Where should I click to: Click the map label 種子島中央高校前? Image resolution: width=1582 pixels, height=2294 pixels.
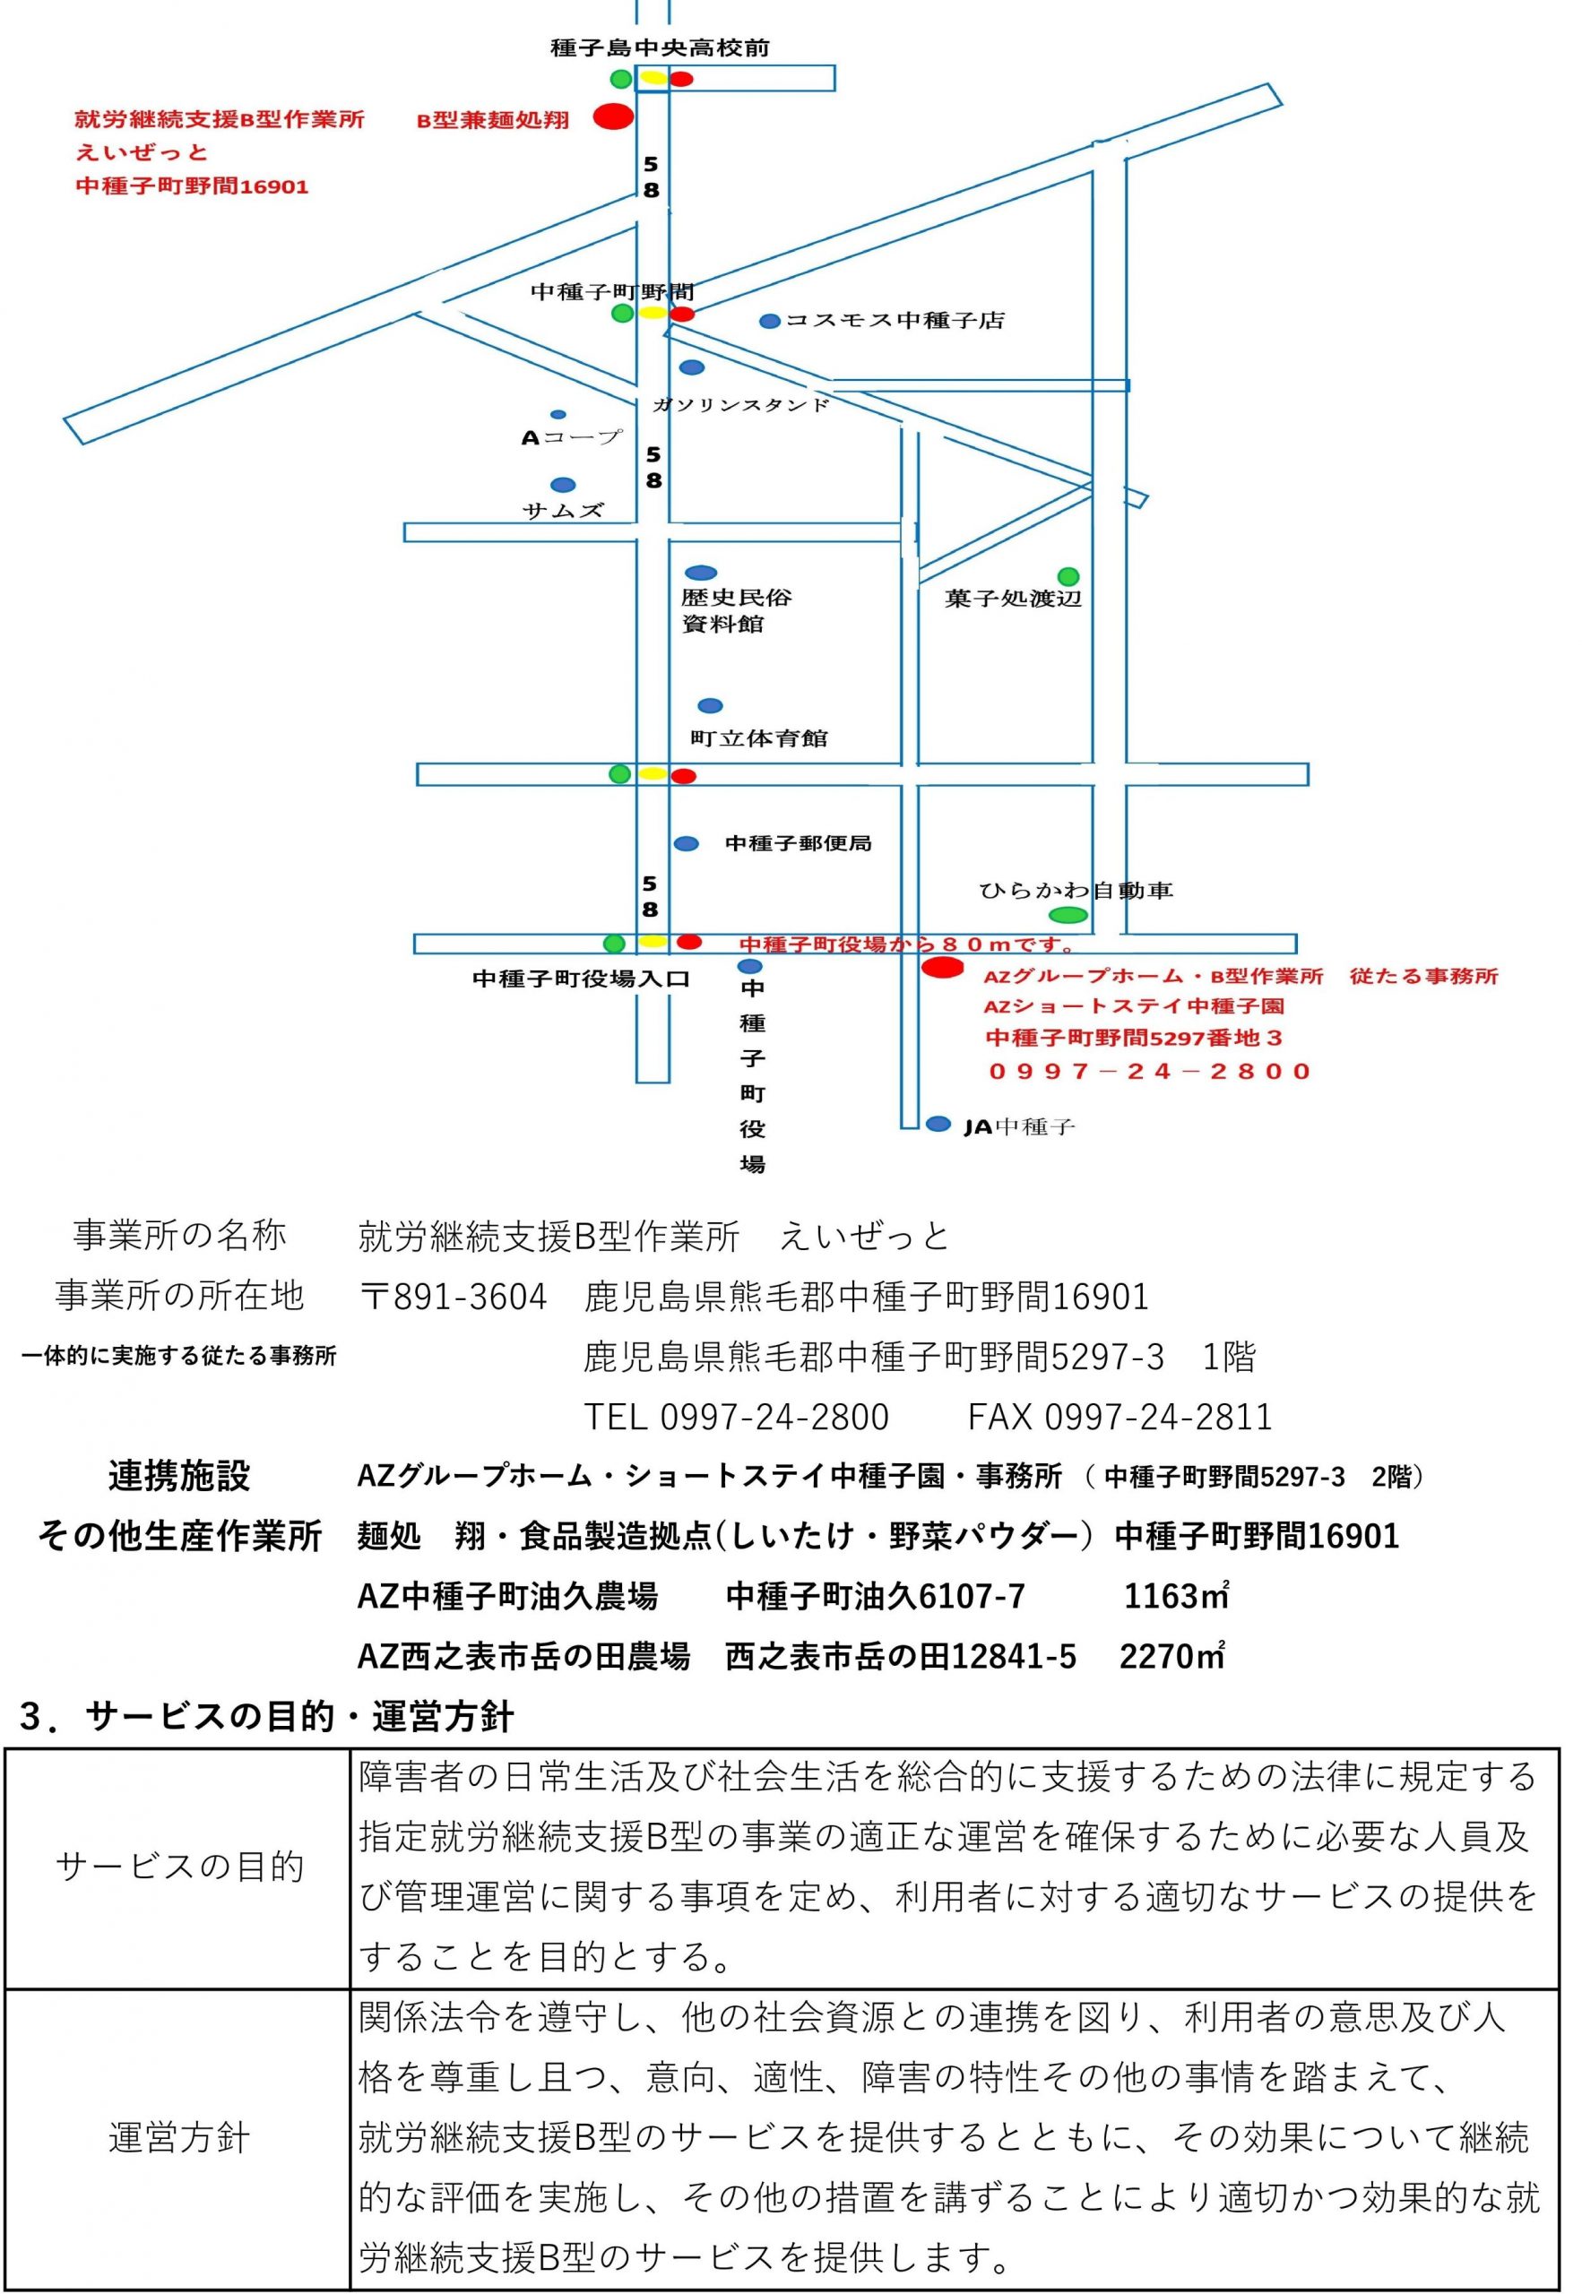click(x=661, y=47)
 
